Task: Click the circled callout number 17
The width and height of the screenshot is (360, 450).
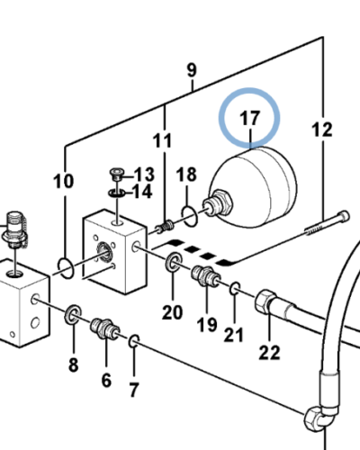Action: pyautogui.click(x=249, y=119)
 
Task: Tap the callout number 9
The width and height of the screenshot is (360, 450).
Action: pyautogui.click(x=192, y=70)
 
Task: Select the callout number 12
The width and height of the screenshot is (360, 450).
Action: pyautogui.click(x=322, y=130)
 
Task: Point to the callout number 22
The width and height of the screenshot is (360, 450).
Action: pyautogui.click(x=269, y=353)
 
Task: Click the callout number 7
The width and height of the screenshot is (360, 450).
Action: pyautogui.click(x=133, y=390)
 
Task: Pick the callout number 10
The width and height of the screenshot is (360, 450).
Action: pyautogui.click(x=63, y=182)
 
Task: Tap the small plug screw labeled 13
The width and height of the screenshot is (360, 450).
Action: pyautogui.click(x=116, y=174)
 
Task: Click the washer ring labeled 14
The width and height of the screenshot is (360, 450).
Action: pyautogui.click(x=117, y=193)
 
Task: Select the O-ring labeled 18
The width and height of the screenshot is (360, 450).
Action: pyautogui.click(x=189, y=216)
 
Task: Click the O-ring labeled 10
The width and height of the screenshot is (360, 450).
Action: pyautogui.click(x=66, y=268)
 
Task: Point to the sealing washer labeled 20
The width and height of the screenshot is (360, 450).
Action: pyautogui.click(x=174, y=262)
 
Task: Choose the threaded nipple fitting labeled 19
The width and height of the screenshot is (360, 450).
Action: pyautogui.click(x=206, y=276)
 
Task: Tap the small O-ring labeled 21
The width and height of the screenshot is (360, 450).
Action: pyautogui.click(x=235, y=288)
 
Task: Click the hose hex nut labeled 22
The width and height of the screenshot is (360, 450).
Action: pyautogui.click(x=265, y=301)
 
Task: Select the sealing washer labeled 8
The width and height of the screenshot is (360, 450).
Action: pyautogui.click(x=73, y=314)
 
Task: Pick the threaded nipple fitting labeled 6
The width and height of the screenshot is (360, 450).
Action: pyautogui.click(x=105, y=328)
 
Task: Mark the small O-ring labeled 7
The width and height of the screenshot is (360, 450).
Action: pyautogui.click(x=134, y=341)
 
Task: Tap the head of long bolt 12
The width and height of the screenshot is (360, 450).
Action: pyautogui.click(x=344, y=216)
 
